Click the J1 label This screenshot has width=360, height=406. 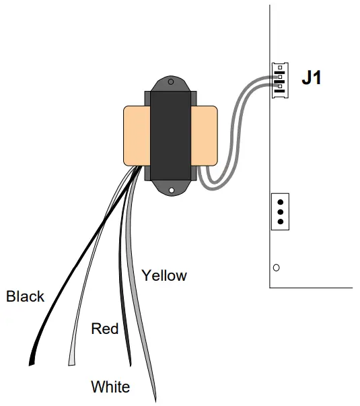tap(311, 78)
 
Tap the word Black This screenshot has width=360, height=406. tap(26, 296)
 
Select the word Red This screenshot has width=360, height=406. tap(104, 329)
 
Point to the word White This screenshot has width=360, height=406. tap(110, 387)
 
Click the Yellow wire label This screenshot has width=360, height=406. tap(164, 275)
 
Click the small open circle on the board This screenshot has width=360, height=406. tap(276, 268)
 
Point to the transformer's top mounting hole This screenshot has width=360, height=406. tap(171, 83)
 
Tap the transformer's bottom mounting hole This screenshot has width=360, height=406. tap(171, 191)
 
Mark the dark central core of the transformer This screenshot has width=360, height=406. tap(171, 136)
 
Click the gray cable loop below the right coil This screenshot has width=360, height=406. tap(212, 182)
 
